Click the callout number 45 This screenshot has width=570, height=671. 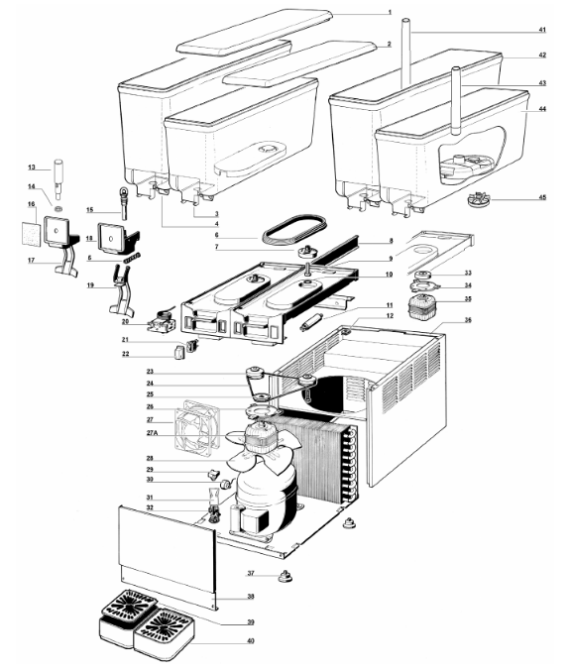542,197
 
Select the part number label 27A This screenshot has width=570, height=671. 153,433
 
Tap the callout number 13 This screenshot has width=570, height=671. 32,168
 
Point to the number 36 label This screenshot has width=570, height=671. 468,320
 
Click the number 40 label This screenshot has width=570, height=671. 251,640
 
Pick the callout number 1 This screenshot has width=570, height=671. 390,13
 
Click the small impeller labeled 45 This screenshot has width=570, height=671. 479,200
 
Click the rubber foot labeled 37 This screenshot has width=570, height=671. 285,576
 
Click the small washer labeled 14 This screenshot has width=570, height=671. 58,208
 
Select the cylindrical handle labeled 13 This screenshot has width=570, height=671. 57,178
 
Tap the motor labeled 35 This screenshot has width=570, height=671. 419,307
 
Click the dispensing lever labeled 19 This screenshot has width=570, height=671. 121,291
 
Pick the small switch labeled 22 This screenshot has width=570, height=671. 178,354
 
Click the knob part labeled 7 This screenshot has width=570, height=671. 306,251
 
